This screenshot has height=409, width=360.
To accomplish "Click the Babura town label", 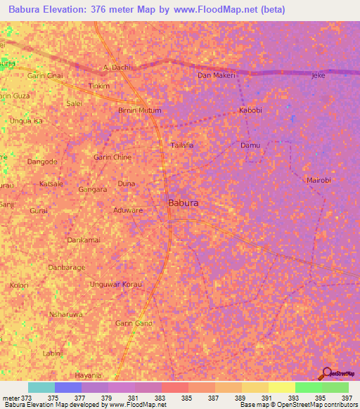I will click(x=183, y=202).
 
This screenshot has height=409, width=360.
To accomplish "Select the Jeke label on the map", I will click(x=319, y=75).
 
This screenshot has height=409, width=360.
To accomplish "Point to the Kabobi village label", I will click(x=251, y=110).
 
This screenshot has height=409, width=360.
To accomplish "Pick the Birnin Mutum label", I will click(x=139, y=110).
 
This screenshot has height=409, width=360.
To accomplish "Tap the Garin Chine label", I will click(x=112, y=157).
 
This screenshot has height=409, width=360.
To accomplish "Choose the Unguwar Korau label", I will click(x=117, y=285).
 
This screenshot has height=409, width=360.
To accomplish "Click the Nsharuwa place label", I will click(x=67, y=314).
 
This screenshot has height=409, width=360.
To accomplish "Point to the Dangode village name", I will click(x=42, y=162).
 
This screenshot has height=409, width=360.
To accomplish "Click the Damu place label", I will click(x=250, y=145).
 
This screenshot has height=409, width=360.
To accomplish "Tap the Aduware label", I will click(x=128, y=209).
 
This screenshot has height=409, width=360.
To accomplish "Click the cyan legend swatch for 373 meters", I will click(x=41, y=387).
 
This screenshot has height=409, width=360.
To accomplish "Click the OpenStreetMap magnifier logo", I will click(x=326, y=373).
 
